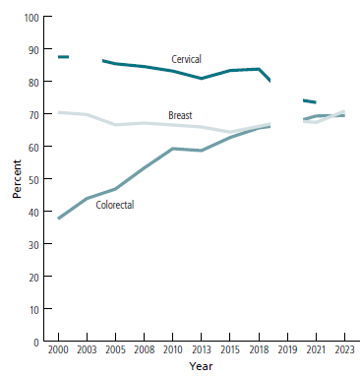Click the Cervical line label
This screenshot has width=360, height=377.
(x=186, y=59)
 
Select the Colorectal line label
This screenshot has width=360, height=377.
(x=115, y=205)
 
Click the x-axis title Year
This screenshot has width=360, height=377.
(x=201, y=366)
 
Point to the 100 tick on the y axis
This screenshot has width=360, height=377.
(x=32, y=18)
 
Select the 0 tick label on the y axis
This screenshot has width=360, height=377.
(x=38, y=343)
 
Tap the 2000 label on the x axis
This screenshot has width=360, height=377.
(x=58, y=351)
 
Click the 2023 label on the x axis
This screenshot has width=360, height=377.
(x=344, y=351)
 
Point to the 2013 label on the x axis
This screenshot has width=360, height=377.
(x=201, y=351)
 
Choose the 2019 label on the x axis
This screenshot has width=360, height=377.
(x=287, y=351)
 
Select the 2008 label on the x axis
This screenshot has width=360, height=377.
(x=144, y=351)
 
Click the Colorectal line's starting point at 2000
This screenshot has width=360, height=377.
(x=59, y=219)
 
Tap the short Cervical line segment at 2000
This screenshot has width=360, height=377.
(x=63, y=57)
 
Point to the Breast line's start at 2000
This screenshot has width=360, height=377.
(x=59, y=112)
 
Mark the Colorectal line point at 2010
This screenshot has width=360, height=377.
(x=172, y=149)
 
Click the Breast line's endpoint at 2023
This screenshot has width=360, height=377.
(x=344, y=111)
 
